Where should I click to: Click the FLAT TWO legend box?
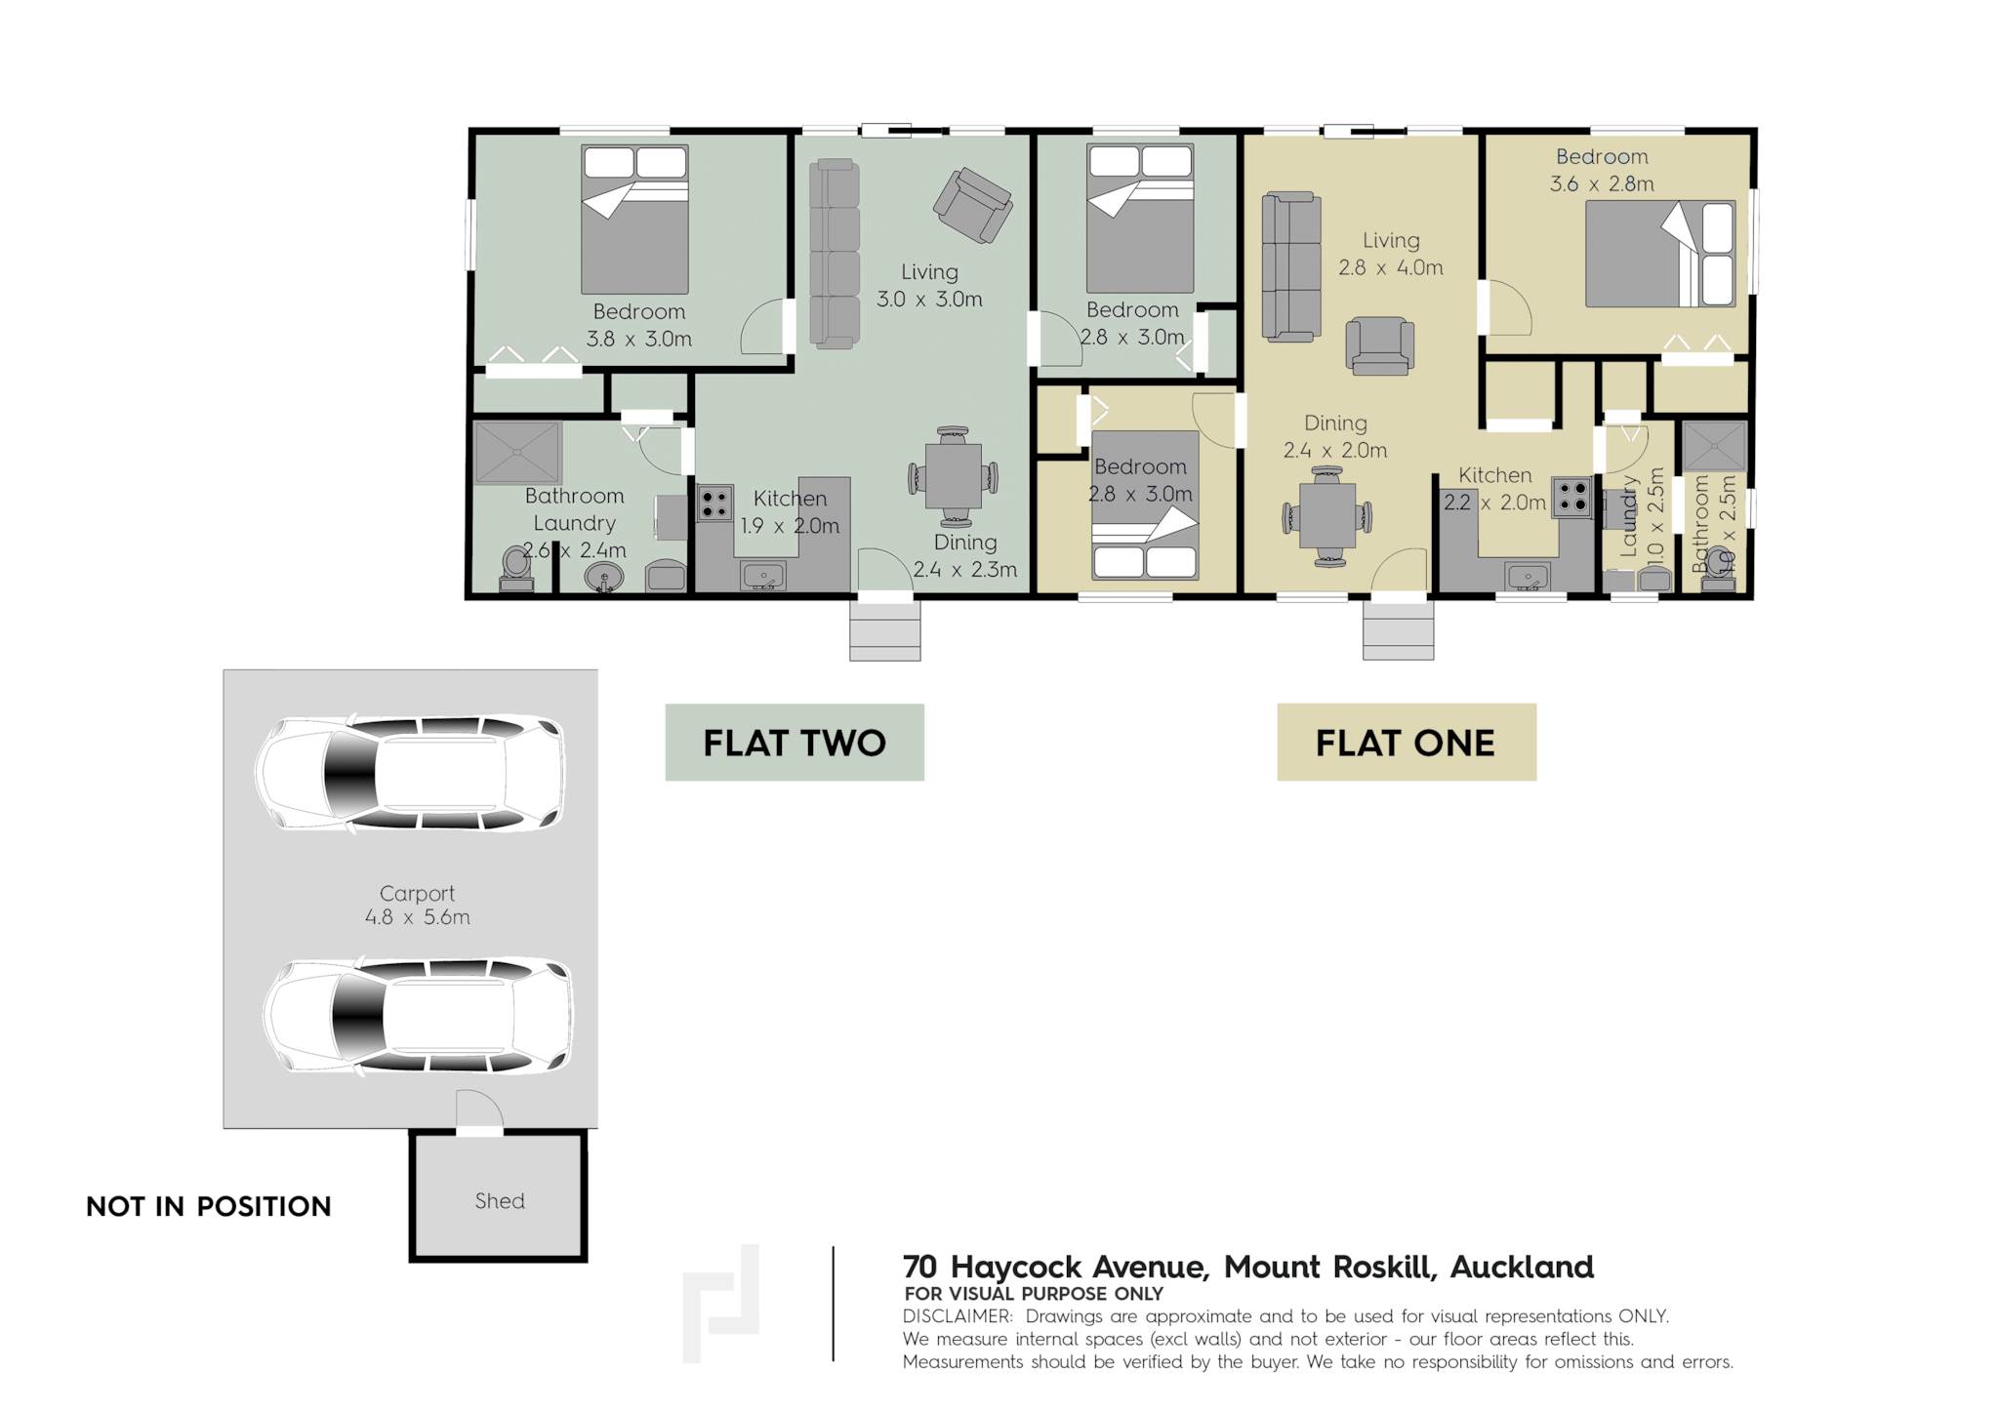click(x=795, y=743)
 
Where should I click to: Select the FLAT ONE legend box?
click(x=1407, y=743)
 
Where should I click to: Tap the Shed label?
click(x=500, y=1201)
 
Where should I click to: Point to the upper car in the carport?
click(x=410, y=774)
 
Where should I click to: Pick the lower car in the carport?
click(x=418, y=1018)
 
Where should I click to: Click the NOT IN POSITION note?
click(x=209, y=1207)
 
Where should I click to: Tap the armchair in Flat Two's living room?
click(x=972, y=205)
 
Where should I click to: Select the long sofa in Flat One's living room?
click(x=1291, y=266)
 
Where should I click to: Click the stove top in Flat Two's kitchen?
click(x=714, y=504)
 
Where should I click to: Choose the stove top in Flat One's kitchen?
click(x=1572, y=496)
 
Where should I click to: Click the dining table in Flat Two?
click(x=954, y=478)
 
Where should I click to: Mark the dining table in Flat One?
click(x=1327, y=517)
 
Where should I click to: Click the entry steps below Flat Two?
click(x=885, y=629)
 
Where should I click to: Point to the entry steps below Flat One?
click(x=1399, y=629)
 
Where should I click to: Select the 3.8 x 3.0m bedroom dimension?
click(x=639, y=340)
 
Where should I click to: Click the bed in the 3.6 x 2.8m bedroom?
click(x=1660, y=254)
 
